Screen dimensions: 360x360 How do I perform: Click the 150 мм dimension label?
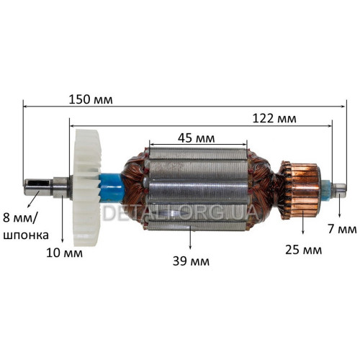(91, 99)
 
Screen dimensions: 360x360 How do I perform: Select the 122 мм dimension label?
(274, 119)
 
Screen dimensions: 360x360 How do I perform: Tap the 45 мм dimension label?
(197, 138)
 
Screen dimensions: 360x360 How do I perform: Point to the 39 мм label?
(191, 261)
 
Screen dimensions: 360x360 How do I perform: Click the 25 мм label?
(303, 250)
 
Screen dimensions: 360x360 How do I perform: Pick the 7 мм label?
(343, 229)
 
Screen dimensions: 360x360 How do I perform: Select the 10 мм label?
(64, 253)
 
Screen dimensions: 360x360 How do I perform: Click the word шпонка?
(26, 235)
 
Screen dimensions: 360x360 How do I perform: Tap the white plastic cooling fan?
(86, 188)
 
